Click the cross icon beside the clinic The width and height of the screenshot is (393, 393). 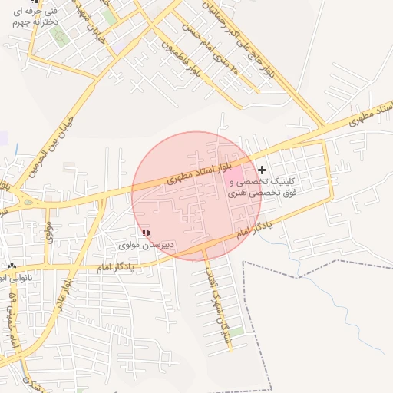[263, 169]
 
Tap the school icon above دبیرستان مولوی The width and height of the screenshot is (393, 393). [146, 233]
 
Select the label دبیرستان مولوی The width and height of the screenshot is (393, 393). [147, 244]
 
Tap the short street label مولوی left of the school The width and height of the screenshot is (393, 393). [49, 233]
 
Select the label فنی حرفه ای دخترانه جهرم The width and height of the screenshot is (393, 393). [31, 17]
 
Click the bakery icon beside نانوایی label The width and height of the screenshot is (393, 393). [11, 266]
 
